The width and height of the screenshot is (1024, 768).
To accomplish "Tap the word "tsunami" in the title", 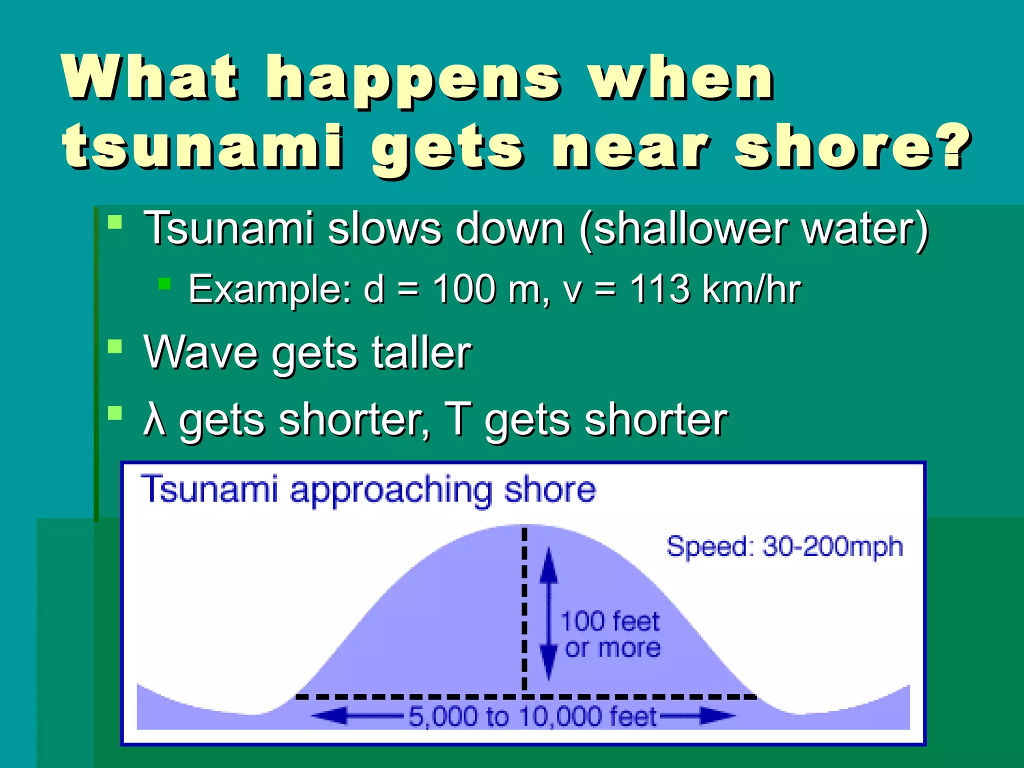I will click(202, 146).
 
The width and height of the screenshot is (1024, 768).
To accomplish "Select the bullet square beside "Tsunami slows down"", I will click(115, 221).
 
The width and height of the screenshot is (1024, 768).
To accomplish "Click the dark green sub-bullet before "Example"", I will click(164, 284).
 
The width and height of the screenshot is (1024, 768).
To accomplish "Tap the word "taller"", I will click(421, 352).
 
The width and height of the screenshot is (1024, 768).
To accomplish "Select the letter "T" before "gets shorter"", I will click(457, 419).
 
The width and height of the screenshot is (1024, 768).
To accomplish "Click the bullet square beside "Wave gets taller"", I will click(115, 346).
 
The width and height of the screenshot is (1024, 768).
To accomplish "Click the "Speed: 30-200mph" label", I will click(784, 546).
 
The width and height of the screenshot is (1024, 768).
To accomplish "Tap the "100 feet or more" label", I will click(610, 634).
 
